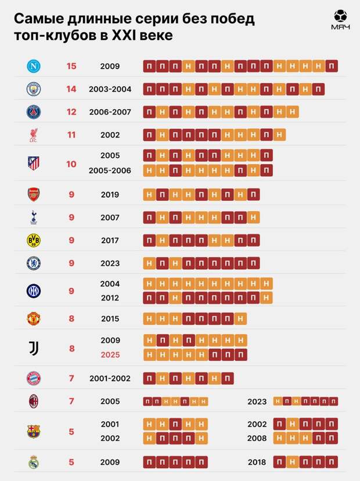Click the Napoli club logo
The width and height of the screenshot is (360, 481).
tap(33, 66)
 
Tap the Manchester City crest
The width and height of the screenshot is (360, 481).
tap(33, 89)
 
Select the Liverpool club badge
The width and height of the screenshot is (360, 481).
tap(33, 135)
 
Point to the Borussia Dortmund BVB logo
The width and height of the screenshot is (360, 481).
tap(33, 240)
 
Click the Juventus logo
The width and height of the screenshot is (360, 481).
tap(33, 348)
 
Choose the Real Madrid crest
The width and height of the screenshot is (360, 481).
tap(33, 462)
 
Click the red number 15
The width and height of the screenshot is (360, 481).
tap(71, 66)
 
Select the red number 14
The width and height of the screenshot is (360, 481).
tap(71, 89)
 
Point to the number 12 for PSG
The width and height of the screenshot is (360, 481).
tap(71, 112)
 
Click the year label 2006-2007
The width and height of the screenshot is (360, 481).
tap(110, 112)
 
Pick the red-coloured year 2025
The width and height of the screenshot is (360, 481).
tap(110, 355)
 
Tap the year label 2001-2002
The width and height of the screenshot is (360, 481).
tap(110, 378)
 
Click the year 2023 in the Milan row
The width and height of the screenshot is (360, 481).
tap(257, 402)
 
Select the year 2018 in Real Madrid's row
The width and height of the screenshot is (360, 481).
tap(257, 462)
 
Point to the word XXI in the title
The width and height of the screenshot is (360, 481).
tap(116, 36)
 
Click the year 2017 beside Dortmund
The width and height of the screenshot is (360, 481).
tap(110, 240)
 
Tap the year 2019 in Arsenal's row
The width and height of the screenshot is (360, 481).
tap(110, 195)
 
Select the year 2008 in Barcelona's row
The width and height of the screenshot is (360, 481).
tap(257, 438)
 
